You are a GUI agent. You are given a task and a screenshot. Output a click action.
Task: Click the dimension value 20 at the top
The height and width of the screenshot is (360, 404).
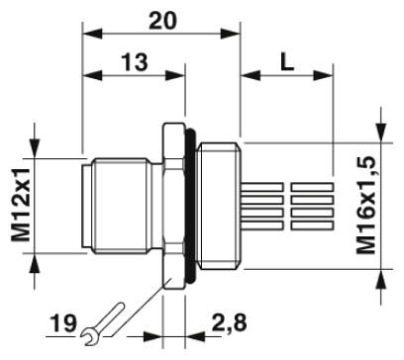162,21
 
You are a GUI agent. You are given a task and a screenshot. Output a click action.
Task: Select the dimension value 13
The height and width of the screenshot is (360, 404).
135,62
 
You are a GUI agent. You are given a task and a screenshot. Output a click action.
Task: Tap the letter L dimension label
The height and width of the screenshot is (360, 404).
287,62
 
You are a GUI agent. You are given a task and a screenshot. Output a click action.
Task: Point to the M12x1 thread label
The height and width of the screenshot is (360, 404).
21,205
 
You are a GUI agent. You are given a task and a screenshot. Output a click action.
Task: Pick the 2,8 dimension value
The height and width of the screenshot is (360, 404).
229,322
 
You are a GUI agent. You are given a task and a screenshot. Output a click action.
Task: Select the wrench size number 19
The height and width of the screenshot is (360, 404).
63,323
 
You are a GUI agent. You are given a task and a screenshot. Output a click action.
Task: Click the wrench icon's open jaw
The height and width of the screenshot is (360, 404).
89,336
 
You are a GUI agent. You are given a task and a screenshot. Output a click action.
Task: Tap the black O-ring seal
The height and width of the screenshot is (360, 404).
191,206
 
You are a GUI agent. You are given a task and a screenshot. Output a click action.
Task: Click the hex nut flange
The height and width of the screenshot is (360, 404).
173,206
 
